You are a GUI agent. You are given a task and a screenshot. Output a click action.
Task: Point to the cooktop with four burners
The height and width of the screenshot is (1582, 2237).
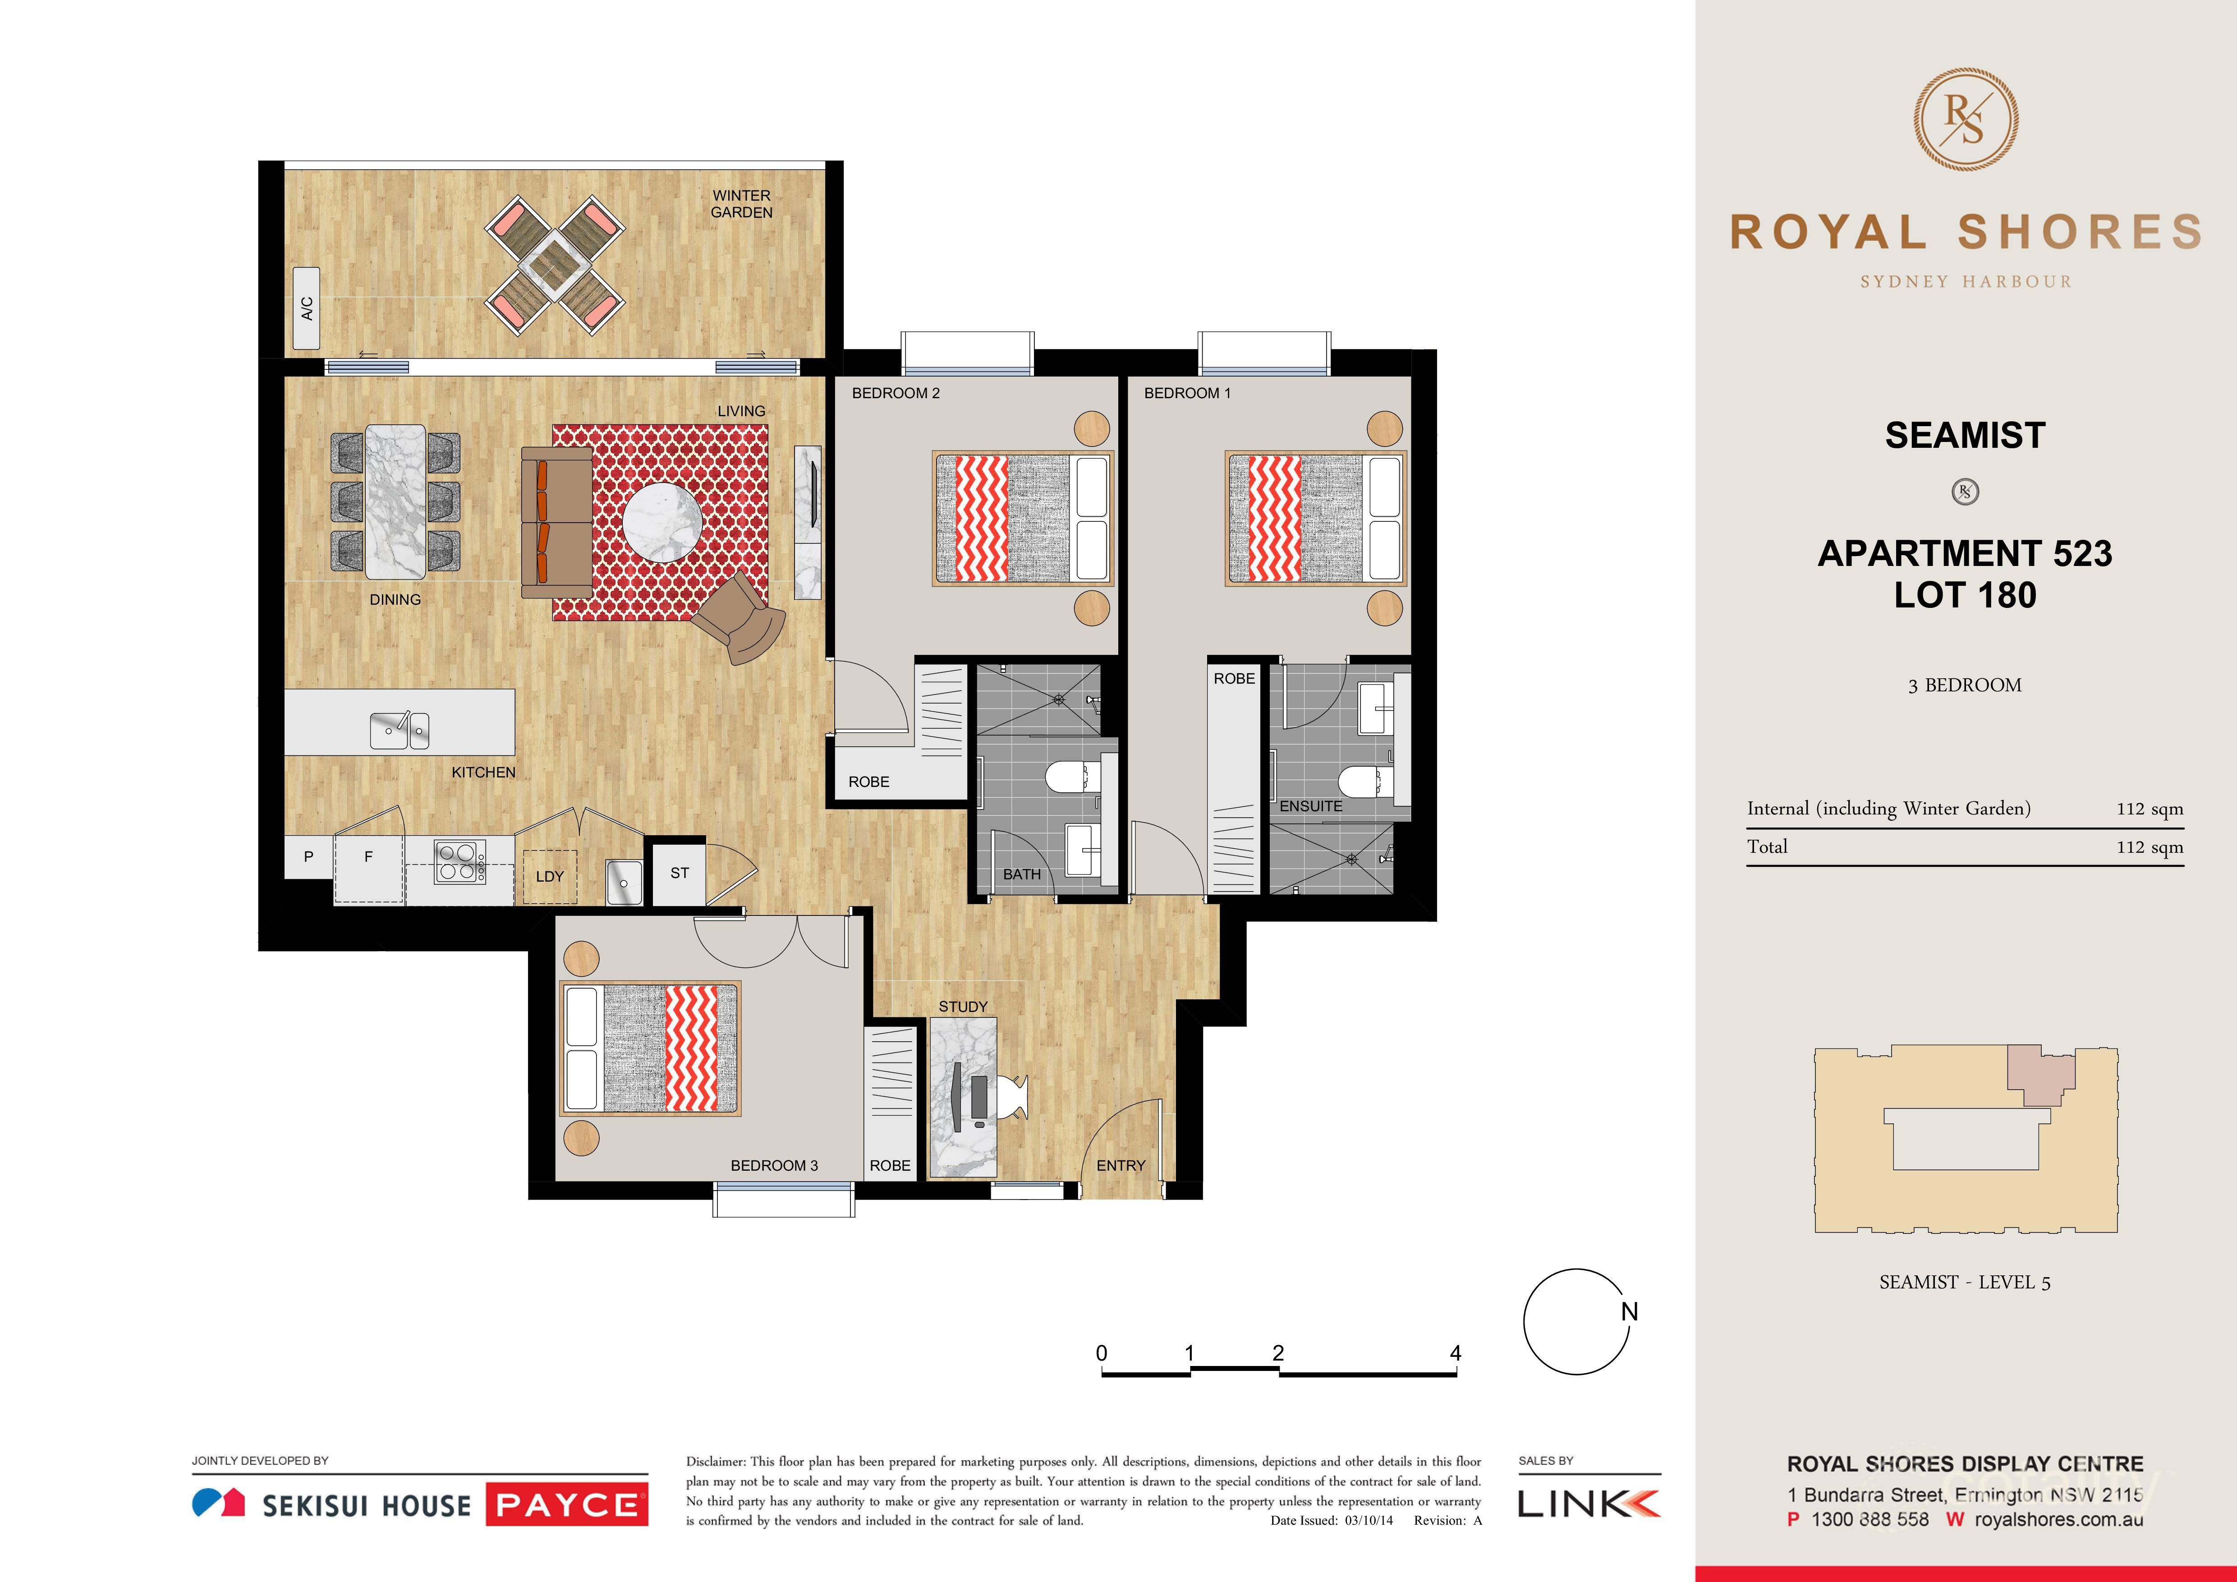458,861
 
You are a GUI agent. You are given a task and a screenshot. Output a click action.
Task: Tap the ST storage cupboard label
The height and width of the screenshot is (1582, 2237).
679,873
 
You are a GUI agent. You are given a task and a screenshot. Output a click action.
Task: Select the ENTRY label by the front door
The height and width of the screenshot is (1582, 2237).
1121,1165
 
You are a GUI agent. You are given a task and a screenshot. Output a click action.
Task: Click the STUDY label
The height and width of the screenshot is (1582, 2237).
963,1006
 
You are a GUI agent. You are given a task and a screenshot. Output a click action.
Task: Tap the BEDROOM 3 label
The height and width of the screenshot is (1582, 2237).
774,1165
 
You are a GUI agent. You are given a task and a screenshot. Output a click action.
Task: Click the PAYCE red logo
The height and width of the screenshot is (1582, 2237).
566,1505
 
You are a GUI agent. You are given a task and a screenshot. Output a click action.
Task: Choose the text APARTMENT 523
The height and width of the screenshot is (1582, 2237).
1964,553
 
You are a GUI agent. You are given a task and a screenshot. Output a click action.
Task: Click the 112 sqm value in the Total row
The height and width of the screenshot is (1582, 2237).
2150,846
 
